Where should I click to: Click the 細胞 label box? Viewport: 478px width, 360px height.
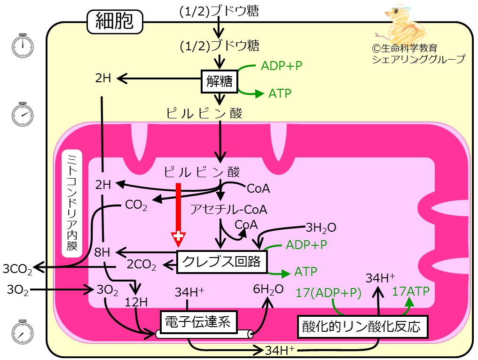[115, 22]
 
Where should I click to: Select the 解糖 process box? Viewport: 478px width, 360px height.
[219, 81]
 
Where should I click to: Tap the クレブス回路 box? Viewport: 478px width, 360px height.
[222, 262]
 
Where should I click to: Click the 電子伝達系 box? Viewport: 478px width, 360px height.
[198, 322]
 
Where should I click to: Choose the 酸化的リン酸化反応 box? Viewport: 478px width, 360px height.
[362, 327]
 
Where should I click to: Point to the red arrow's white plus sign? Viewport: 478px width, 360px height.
[179, 236]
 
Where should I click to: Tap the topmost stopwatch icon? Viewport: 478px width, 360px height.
[23, 46]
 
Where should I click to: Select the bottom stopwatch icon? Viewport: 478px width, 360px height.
[23, 332]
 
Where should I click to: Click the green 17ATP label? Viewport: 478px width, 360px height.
[411, 291]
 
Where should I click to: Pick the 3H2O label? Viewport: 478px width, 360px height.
[321, 228]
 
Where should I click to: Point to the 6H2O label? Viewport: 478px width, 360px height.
[268, 290]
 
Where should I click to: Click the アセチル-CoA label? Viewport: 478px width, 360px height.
[228, 210]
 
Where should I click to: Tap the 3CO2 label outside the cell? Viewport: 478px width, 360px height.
[17, 269]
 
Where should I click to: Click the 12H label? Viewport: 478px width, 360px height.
[136, 302]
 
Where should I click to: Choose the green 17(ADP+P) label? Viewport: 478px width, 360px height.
[329, 293]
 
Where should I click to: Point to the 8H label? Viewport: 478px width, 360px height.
[102, 252]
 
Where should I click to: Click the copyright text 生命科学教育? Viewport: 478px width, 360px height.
[405, 48]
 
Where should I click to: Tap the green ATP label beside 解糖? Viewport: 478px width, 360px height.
[280, 94]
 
